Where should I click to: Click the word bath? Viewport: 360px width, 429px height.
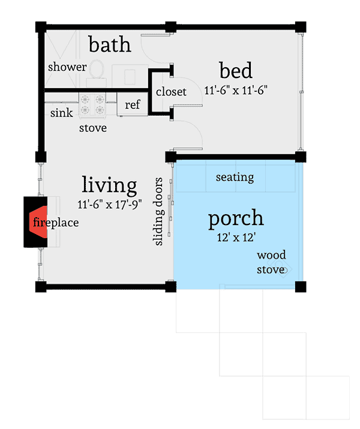[x=110, y=44]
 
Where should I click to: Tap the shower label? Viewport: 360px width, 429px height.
[x=67, y=67]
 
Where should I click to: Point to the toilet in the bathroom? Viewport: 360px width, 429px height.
[x=97, y=73]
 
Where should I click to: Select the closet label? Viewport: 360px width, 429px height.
[x=171, y=91]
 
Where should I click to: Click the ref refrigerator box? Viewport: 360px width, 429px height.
[x=133, y=104]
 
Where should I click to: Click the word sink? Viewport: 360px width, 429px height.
[x=62, y=112]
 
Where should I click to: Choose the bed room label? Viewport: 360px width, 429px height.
[x=236, y=70]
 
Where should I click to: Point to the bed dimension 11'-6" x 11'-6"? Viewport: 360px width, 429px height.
[x=236, y=90]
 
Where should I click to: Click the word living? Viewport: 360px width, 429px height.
[x=109, y=185]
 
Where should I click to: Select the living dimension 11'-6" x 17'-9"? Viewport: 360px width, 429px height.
[x=109, y=204]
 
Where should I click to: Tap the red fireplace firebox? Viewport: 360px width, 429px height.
[x=38, y=222]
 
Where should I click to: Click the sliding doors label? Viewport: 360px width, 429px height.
[x=158, y=211]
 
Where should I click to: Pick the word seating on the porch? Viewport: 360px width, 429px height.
[x=235, y=177]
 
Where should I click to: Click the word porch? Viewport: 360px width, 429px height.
[x=236, y=218]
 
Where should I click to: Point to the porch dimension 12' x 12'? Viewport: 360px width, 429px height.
[x=236, y=237]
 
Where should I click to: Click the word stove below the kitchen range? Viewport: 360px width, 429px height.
[x=93, y=128]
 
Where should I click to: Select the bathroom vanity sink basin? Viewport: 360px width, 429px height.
[x=130, y=77]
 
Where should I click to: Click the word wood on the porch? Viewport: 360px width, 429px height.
[x=271, y=255]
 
